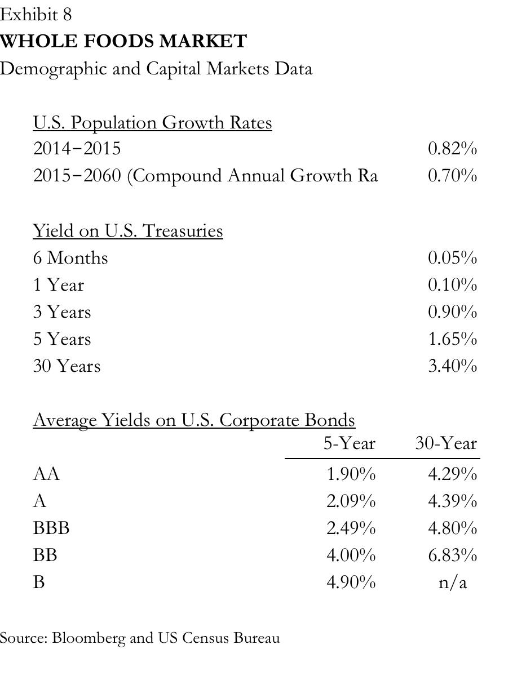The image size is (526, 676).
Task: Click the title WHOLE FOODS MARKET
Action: pos(123,42)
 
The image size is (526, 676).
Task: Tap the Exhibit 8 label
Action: pos(36,15)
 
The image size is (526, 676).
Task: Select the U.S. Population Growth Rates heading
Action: pos(152,122)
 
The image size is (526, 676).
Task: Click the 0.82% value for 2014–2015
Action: pos(452,149)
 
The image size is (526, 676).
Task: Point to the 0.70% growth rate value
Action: pos(452,176)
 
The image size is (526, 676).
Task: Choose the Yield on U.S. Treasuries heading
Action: pos(128,230)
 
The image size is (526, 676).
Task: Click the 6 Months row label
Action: pos(70,257)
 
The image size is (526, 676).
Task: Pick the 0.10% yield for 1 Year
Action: pos(452,284)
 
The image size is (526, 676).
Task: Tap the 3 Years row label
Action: pos(62,312)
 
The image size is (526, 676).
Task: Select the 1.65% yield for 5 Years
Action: pos(452,339)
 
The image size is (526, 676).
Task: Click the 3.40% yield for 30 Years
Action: pos(452,366)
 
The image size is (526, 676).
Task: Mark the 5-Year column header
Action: pos(349,444)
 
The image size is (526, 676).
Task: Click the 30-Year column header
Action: pos(446,444)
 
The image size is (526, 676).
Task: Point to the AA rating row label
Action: pos(46,474)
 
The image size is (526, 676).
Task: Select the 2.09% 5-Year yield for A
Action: pos(351,501)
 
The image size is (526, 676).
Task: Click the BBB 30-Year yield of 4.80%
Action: pos(452,528)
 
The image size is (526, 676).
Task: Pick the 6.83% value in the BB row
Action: pos(452,555)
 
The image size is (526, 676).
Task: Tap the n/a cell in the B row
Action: pos(453,582)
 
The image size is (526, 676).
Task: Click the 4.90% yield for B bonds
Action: pos(351,582)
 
